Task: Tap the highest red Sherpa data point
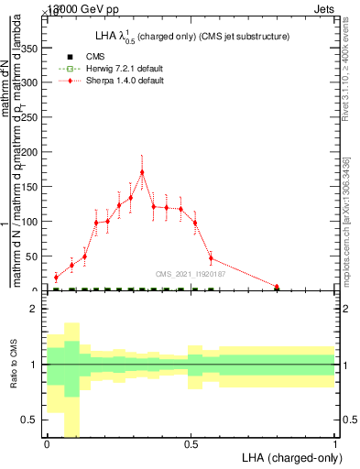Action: point(142,172)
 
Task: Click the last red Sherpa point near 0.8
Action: point(277,287)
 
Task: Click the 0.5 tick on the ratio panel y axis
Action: point(32,420)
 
